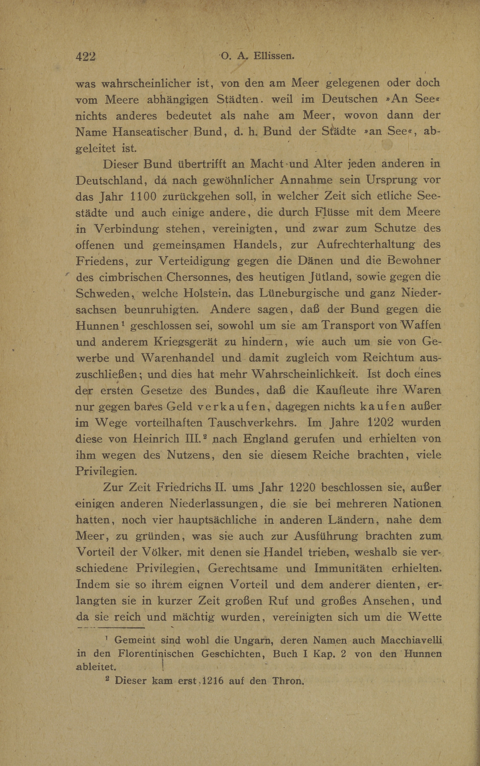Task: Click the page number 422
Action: (85, 56)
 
